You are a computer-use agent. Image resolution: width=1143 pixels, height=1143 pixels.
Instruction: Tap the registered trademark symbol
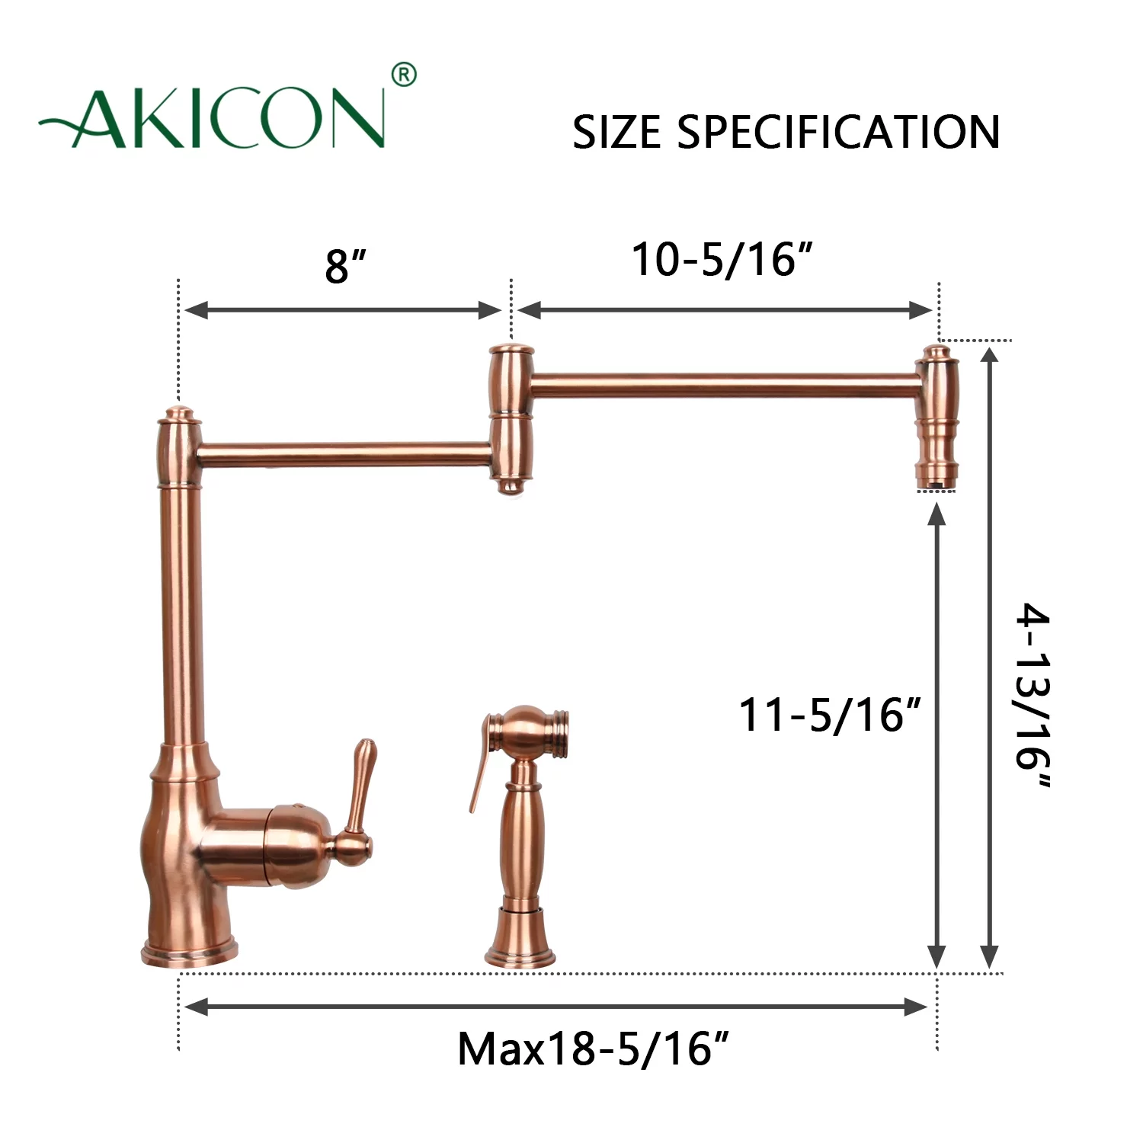(x=404, y=75)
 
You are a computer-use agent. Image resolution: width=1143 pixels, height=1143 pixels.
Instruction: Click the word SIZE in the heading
(x=617, y=133)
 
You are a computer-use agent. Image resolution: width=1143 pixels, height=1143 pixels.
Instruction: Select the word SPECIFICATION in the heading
(x=839, y=133)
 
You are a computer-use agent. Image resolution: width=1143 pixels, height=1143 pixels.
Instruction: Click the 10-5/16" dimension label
(x=722, y=260)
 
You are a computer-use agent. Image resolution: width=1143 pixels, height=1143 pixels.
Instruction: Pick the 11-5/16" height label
(x=830, y=716)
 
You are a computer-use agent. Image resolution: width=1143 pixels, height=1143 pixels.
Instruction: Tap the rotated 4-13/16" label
(x=1033, y=695)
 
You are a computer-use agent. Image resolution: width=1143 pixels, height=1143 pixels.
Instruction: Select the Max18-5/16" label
(x=594, y=1049)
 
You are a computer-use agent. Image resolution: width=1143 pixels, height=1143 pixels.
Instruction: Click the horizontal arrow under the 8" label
(x=343, y=310)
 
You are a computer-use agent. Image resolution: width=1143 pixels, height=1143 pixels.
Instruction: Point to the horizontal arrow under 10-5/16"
(x=725, y=310)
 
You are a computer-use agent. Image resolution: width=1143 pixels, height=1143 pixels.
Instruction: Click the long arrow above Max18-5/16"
(x=556, y=1007)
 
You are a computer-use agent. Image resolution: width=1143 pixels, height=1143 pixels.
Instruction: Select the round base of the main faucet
(x=189, y=952)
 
